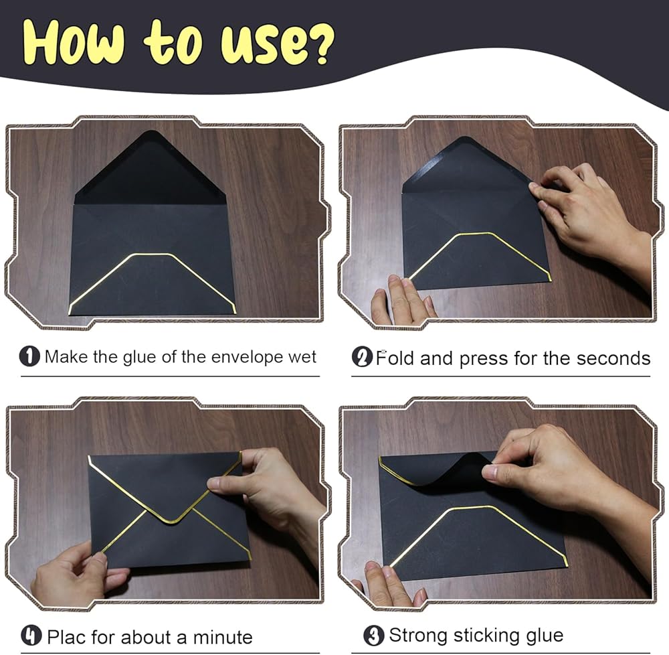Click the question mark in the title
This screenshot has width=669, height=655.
318,45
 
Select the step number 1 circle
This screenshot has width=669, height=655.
29,356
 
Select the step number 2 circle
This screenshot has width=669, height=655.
362,357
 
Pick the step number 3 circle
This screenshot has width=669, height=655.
374,636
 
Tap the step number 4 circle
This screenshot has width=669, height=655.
31,636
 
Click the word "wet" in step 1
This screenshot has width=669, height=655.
302,357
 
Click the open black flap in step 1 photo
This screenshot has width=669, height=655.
150,171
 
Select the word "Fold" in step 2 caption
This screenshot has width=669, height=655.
395,358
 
